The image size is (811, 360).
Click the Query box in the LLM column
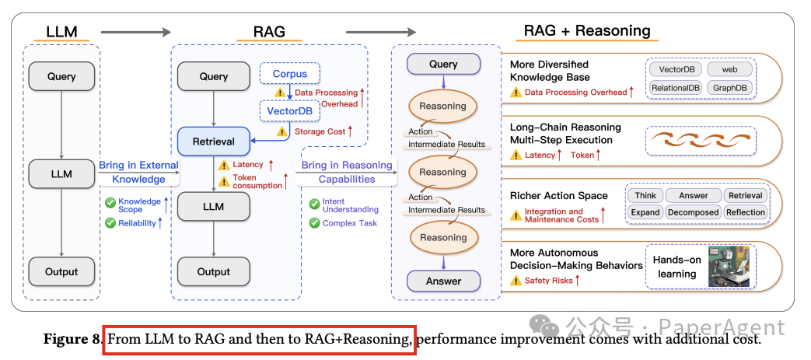tap(61, 76)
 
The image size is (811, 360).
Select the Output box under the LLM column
tap(61, 271)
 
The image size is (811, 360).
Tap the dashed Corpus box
tap(289, 75)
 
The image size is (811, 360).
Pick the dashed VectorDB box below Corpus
tap(289, 111)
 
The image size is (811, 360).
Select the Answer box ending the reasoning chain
tap(443, 281)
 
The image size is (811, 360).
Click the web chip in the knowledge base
tap(729, 70)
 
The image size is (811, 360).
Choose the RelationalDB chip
tap(675, 88)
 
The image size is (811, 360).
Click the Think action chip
tap(645, 196)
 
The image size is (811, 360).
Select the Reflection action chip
tap(745, 212)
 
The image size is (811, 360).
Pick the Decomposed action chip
tap(693, 212)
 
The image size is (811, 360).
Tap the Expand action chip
tap(645, 212)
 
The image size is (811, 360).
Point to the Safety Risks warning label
tap(548, 281)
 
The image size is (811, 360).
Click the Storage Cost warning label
tap(320, 131)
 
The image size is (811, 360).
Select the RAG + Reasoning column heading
tap(586, 31)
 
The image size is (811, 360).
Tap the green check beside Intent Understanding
tap(314, 204)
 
